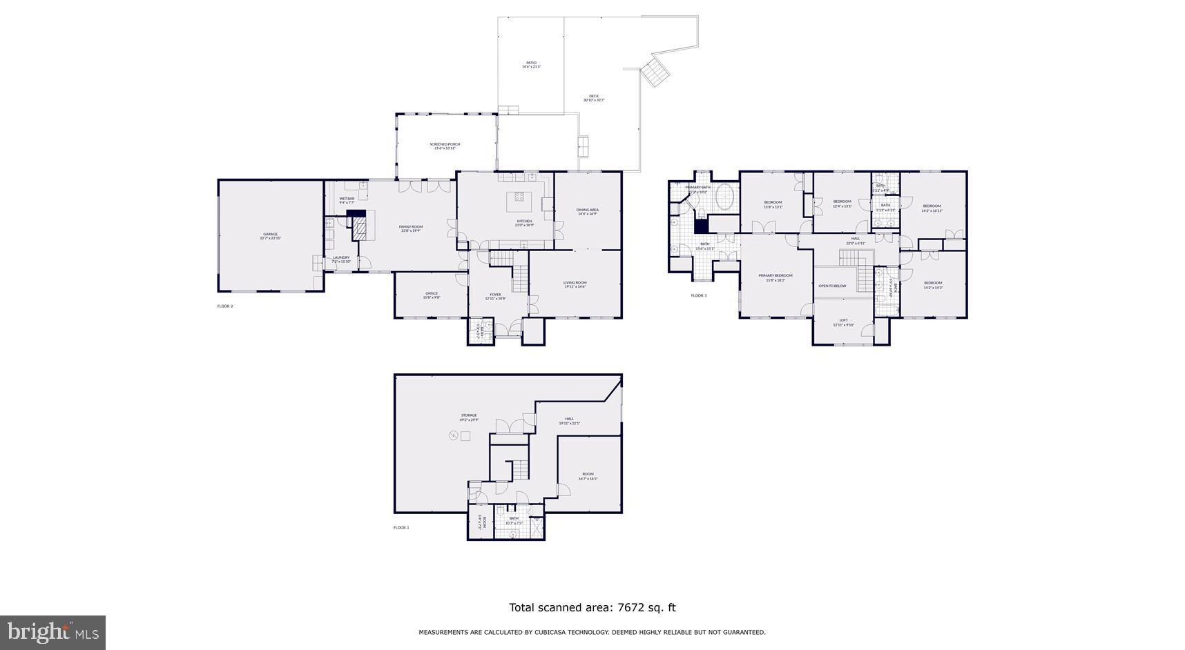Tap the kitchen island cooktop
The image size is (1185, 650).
(520, 201)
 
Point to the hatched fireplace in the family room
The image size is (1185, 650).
(359, 231)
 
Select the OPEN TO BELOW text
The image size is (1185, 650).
(832, 286)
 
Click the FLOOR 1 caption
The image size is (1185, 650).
(401, 527)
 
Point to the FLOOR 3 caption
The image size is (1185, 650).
(699, 295)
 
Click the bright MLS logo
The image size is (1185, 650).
(52, 632)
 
